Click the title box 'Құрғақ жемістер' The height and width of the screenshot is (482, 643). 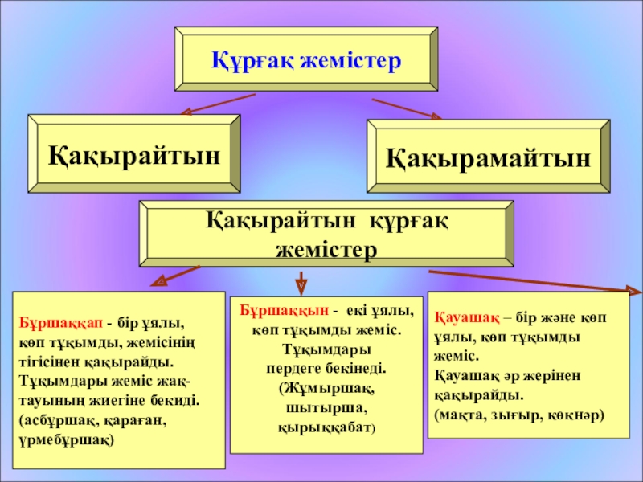pos(305,60)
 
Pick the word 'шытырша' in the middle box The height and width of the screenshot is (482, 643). pos(326,409)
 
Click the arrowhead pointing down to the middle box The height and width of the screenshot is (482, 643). pos(301,285)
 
